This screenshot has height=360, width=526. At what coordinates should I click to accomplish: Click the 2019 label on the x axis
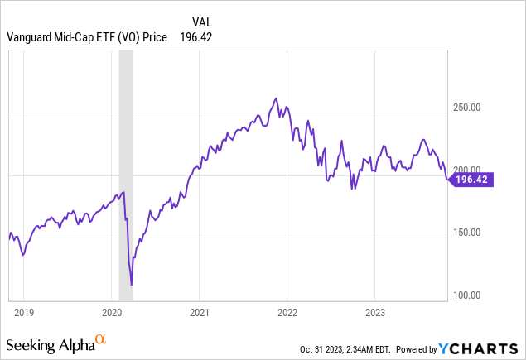[x=23, y=313]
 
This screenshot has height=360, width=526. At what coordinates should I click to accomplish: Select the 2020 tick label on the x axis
[x=111, y=313]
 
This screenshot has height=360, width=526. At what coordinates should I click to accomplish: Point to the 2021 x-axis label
[x=199, y=313]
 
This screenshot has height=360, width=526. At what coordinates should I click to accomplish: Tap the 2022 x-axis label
[x=287, y=313]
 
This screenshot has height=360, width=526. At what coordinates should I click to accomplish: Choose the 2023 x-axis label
[x=375, y=313]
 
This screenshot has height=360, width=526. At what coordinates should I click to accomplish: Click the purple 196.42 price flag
[x=471, y=178]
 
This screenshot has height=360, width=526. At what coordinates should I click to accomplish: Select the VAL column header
[x=201, y=22]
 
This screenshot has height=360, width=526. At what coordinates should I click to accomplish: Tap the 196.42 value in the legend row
[x=196, y=36]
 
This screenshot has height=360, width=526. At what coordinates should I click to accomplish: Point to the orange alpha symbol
[x=100, y=339]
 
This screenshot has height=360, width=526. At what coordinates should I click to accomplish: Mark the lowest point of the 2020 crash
[x=132, y=285]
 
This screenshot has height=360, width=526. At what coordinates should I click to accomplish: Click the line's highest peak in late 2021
[x=276, y=98]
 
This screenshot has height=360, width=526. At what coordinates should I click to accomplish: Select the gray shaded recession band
[x=125, y=166]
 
